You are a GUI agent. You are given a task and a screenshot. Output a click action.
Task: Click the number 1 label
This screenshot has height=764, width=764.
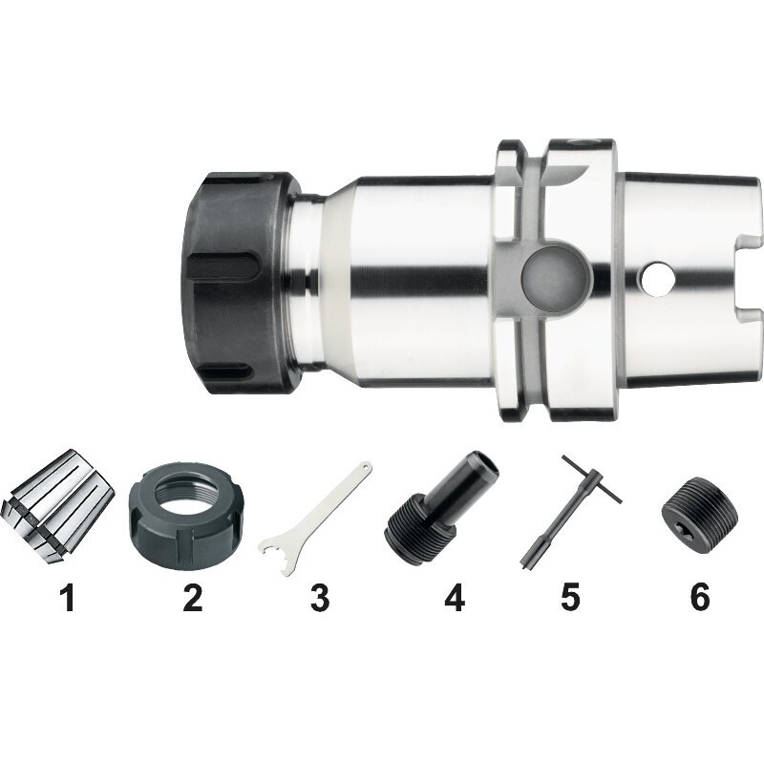[67, 598]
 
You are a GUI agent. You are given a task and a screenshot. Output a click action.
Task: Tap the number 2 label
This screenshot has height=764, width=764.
[193, 598]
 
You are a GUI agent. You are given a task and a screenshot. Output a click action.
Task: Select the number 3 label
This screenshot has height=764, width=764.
[320, 598]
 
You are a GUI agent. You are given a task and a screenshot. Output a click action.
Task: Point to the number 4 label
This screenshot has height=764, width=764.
[455, 598]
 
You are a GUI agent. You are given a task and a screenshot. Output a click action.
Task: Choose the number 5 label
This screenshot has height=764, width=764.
[570, 598]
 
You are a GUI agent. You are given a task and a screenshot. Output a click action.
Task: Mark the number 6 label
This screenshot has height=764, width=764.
[700, 598]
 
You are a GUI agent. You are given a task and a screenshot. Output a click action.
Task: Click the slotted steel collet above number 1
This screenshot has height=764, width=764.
[59, 506]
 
